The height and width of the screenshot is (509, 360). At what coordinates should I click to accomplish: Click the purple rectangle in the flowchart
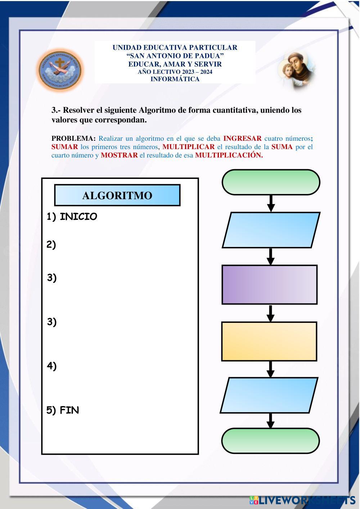pyautogui.click(x=270, y=284)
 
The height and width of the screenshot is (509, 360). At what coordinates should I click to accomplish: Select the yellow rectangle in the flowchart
pyautogui.click(x=269, y=341)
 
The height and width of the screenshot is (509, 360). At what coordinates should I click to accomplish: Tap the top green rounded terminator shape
pyautogui.click(x=271, y=182)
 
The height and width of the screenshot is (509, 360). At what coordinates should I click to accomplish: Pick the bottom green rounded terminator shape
pyautogui.click(x=270, y=441)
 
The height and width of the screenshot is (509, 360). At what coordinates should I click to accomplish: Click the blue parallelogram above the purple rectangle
pyautogui.click(x=271, y=230)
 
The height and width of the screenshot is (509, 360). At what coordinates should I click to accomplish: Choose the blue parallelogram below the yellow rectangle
pyautogui.click(x=269, y=395)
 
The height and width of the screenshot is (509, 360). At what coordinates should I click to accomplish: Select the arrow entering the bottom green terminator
pyautogui.click(x=270, y=420)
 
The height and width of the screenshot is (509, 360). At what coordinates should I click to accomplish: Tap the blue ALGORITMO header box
pyautogui.click(x=117, y=195)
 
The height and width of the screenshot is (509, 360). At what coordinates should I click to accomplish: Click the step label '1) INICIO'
pyautogui.click(x=72, y=217)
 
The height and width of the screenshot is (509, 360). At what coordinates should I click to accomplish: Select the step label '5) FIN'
pyautogui.click(x=63, y=410)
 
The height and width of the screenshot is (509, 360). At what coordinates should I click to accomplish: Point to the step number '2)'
pyautogui.click(x=51, y=245)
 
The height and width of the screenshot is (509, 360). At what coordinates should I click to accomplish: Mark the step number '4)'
pyautogui.click(x=51, y=366)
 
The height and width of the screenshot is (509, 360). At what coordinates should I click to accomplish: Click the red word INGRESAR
pyautogui.click(x=242, y=139)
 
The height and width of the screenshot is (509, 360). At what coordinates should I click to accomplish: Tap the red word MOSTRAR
pyautogui.click(x=119, y=155)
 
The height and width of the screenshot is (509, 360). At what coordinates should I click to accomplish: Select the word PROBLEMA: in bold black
pyautogui.click(x=73, y=139)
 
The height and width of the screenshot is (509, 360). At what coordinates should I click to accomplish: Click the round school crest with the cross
pyautogui.click(x=60, y=70)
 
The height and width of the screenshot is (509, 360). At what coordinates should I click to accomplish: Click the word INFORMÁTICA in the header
pyautogui.click(x=175, y=79)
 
